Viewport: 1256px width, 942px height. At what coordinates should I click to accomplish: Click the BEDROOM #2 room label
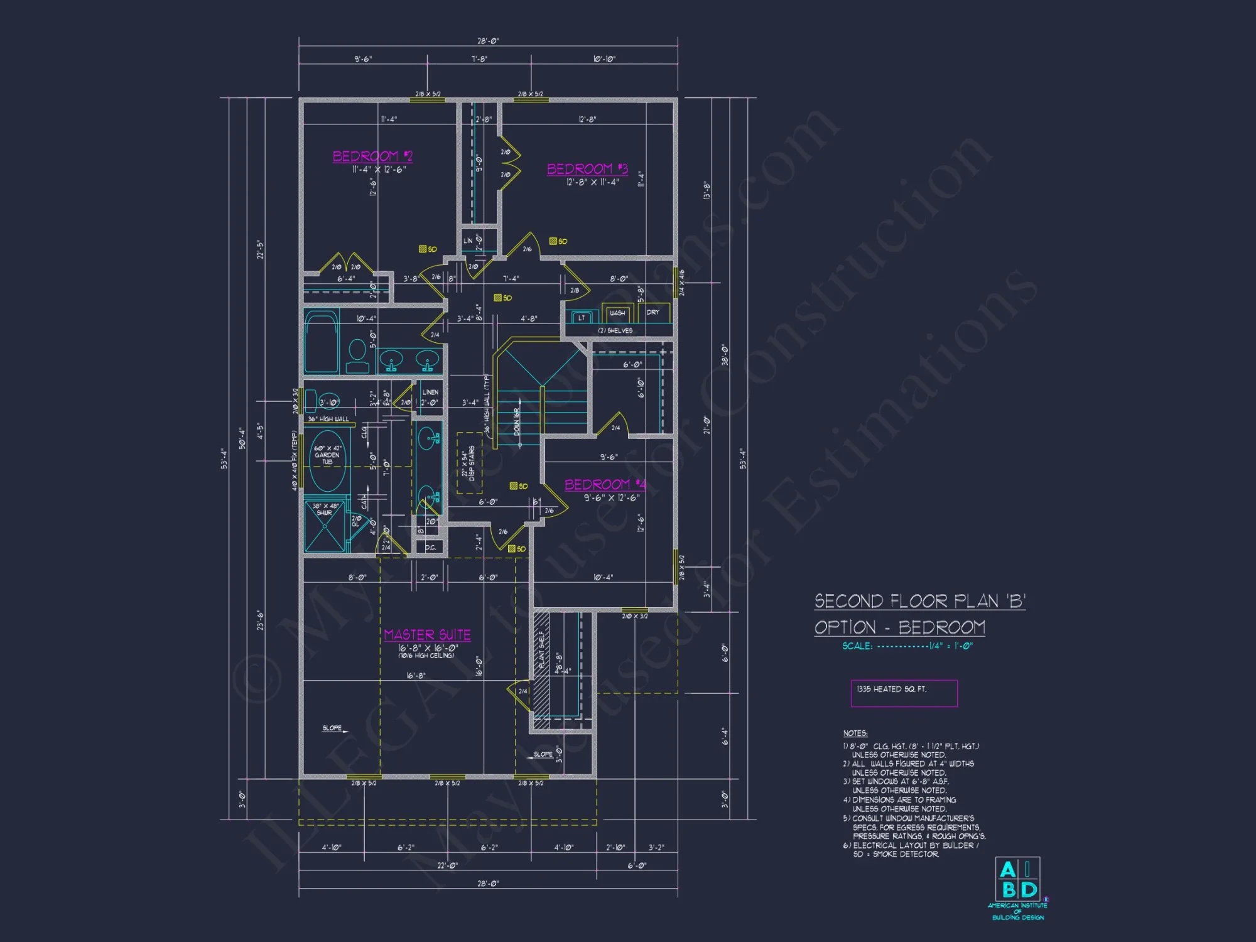(372, 156)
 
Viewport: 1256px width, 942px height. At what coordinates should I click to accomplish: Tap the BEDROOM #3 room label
(587, 169)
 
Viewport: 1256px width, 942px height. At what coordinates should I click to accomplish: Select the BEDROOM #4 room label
(605, 484)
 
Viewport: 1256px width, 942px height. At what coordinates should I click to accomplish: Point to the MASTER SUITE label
(427, 635)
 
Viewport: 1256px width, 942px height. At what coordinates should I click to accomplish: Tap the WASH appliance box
(617, 313)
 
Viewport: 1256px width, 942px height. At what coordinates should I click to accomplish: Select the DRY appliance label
(653, 312)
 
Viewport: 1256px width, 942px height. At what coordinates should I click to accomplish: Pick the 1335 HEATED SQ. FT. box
(904, 693)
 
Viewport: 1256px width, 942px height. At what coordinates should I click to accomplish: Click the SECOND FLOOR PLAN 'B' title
(919, 601)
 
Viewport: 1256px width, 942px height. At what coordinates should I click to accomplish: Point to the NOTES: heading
(855, 733)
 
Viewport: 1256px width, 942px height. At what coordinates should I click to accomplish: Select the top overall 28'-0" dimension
(488, 41)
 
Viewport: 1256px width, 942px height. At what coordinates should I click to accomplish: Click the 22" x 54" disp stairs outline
(469, 463)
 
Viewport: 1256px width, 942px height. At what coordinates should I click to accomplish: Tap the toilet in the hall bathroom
(357, 357)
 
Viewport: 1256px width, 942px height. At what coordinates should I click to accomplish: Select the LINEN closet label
(430, 392)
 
